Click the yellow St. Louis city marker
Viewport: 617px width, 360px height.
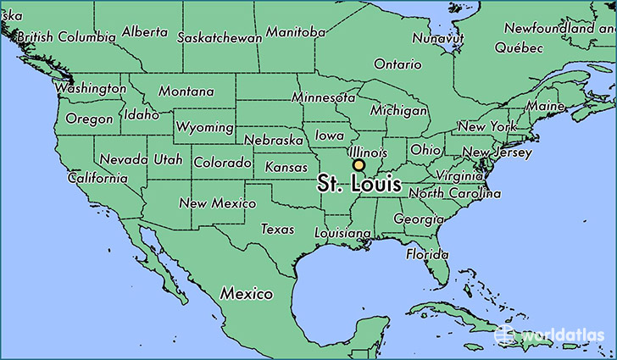point(359,166)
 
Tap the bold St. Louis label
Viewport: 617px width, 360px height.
point(359,183)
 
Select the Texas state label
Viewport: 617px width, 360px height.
point(277,229)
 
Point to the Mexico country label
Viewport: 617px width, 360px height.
point(247,294)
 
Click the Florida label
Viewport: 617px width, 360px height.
point(426,254)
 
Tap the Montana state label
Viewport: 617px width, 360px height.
point(186,91)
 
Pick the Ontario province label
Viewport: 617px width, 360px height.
point(397,64)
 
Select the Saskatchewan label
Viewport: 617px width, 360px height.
point(219,37)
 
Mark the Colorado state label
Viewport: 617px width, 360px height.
point(222,162)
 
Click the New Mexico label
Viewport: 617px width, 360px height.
point(218,203)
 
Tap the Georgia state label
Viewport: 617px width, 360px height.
point(420,219)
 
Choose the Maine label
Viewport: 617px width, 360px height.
point(544,107)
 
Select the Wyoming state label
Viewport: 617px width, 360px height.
point(204,128)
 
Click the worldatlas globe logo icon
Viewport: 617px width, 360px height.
point(506,334)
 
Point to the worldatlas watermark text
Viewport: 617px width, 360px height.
point(560,335)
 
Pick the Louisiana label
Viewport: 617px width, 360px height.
point(343,232)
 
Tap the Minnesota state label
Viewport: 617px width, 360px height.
point(322,97)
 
